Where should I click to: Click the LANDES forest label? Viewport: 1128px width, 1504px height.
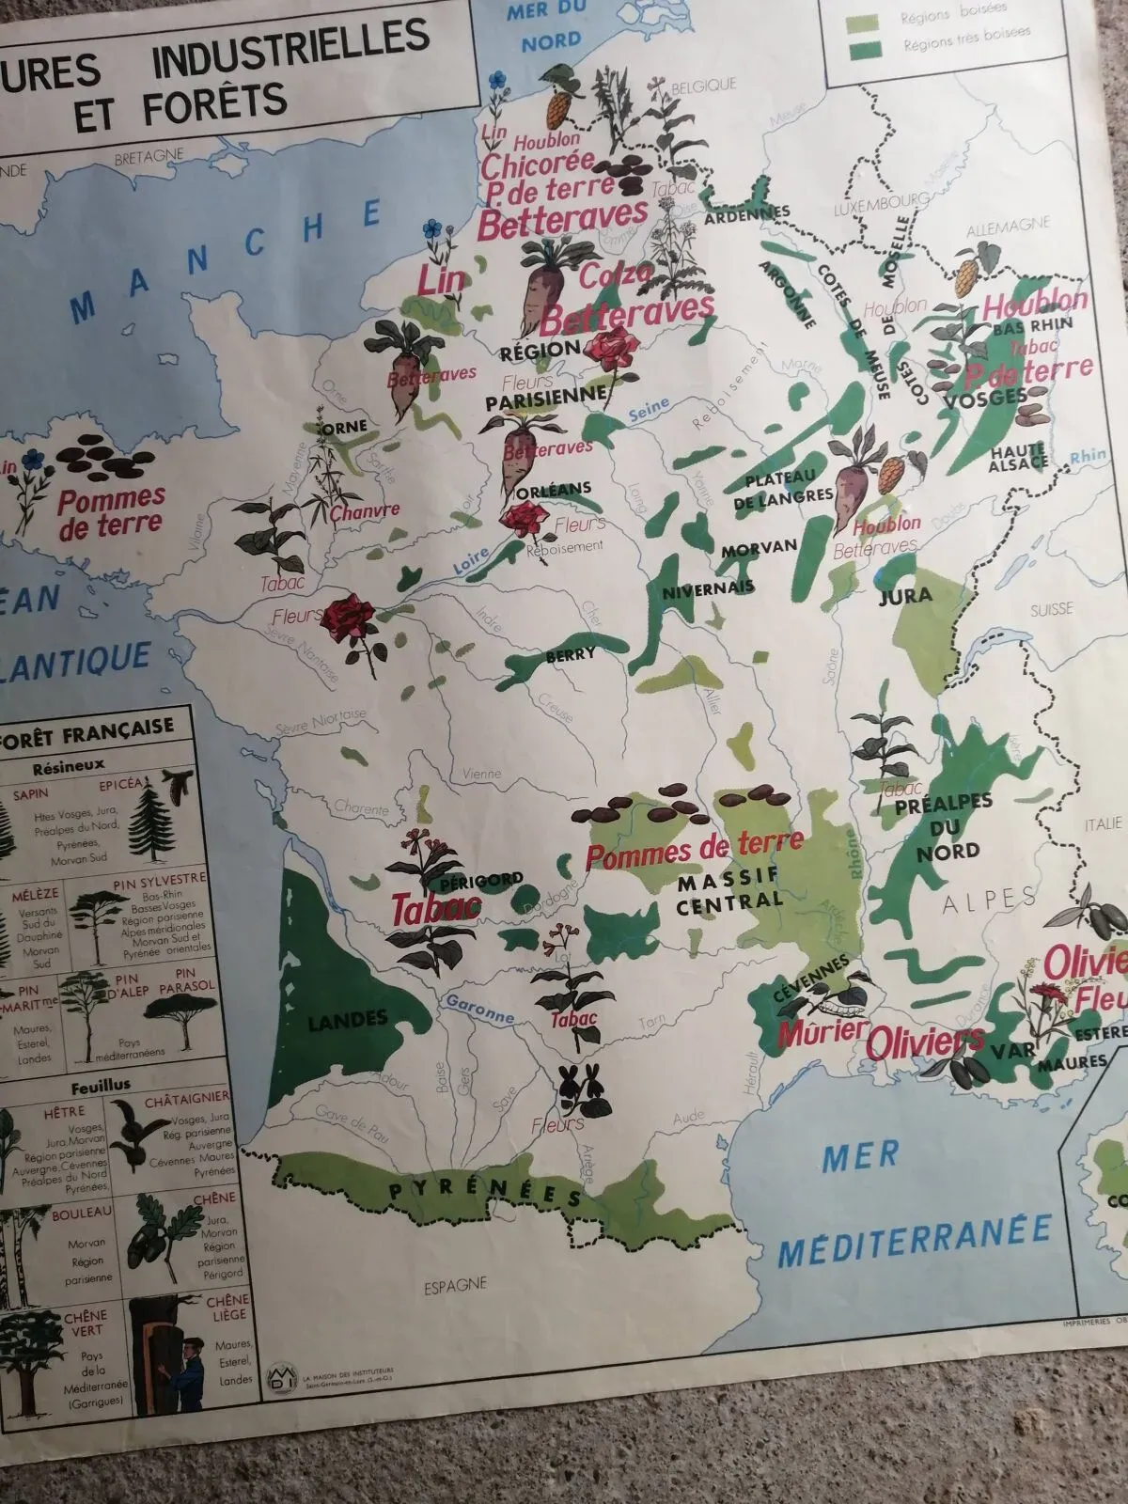348,1018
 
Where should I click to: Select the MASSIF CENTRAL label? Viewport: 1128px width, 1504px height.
728,889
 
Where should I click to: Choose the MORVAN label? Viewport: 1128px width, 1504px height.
760,546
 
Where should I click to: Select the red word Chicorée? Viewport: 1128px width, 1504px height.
536,165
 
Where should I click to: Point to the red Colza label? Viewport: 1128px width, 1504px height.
617,276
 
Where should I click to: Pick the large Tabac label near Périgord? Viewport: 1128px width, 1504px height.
435,908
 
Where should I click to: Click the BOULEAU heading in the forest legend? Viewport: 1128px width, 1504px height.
83,1213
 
